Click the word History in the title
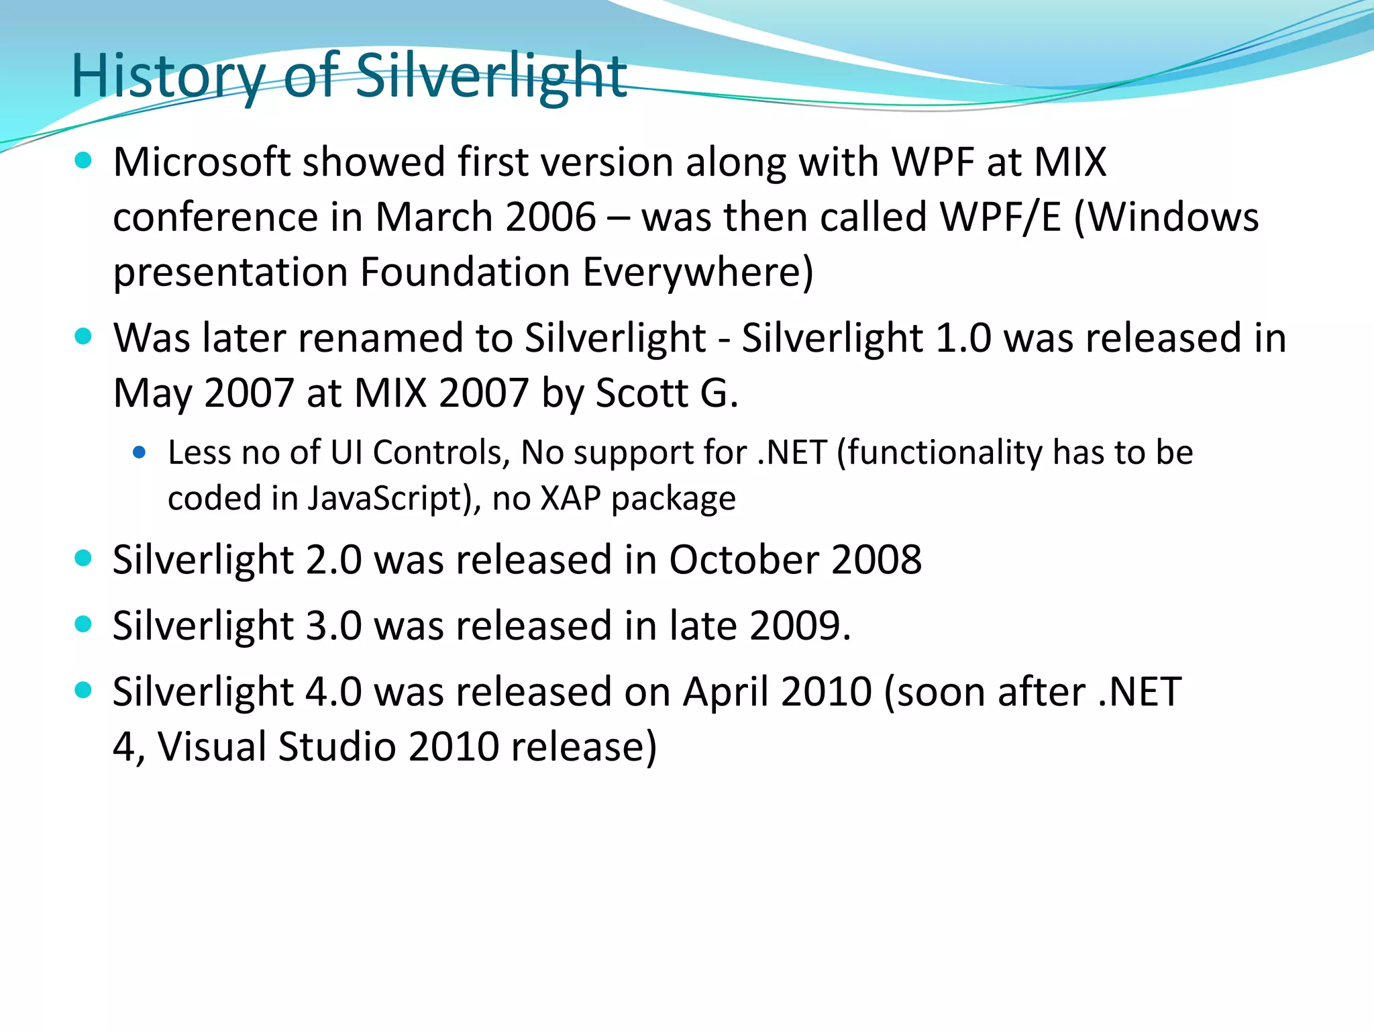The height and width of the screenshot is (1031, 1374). [168, 76]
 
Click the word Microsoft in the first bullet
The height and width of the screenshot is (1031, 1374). [201, 162]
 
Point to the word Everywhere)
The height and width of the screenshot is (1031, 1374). [698, 273]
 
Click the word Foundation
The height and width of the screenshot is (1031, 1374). [465, 273]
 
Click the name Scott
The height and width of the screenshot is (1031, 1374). [641, 393]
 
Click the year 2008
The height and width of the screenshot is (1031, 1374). [876, 560]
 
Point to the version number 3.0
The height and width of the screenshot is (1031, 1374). [333, 626]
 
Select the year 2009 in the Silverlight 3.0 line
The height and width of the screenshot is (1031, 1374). [795, 626]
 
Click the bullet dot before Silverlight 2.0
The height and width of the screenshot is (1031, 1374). [83, 558]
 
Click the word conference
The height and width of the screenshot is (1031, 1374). [215, 217]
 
